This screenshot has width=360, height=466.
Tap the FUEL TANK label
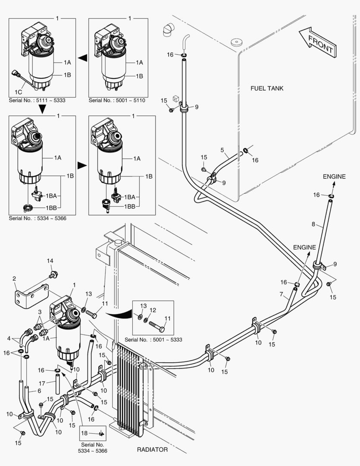[267, 88]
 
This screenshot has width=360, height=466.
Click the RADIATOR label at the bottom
[152, 450]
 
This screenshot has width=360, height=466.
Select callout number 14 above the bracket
[50, 261]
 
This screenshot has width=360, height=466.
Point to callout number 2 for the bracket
[14, 278]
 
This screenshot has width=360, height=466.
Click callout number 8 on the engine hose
[314, 224]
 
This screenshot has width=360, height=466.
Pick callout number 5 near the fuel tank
[222, 151]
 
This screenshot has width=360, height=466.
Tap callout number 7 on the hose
[281, 295]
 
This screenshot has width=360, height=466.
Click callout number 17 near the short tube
[42, 383]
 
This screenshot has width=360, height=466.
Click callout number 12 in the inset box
[152, 310]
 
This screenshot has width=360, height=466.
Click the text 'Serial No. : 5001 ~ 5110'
[117, 101]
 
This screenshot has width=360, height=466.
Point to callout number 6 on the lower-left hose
[39, 390]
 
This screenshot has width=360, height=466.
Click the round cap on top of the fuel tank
[235, 42]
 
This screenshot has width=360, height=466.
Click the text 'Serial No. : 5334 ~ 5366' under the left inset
[38, 218]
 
